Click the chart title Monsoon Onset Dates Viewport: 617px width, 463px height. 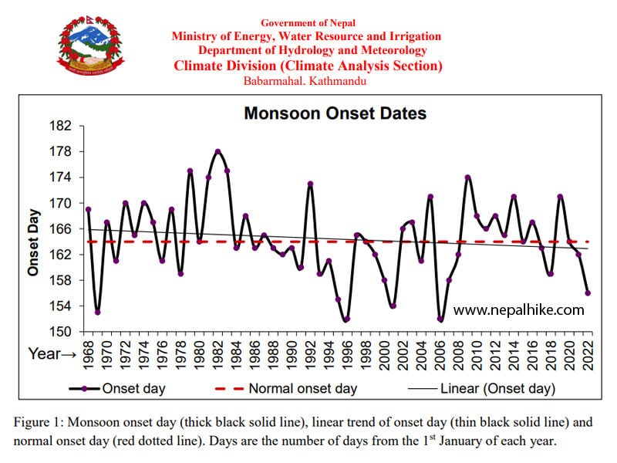click(335, 113)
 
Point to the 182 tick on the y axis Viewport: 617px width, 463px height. click(61, 126)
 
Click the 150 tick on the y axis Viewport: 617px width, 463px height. click(61, 332)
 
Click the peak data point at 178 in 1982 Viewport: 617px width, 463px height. click(218, 151)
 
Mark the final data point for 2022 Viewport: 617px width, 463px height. click(588, 293)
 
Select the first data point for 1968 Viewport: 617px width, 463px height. click(88, 209)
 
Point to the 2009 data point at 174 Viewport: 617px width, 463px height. click(467, 177)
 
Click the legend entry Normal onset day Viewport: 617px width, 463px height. click(302, 388)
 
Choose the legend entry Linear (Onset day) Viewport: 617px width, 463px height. click(497, 388)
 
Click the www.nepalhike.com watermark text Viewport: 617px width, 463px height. click(518, 309)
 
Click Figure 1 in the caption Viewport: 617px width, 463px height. click(41, 423)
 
